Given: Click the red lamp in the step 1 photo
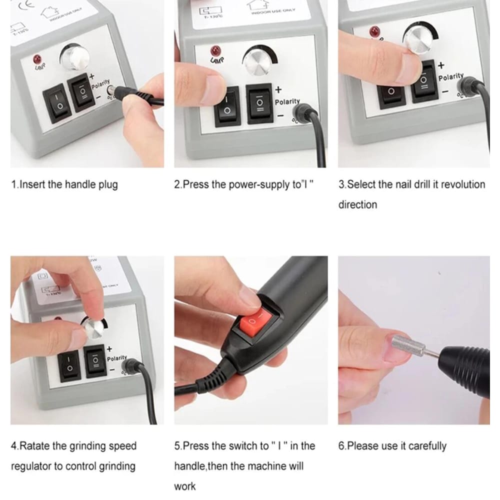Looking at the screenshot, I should point(36,59).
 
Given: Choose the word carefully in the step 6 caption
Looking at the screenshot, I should point(427,446).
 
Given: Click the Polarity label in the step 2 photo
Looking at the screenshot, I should point(287,102).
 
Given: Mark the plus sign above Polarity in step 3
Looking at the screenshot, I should point(440,65).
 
